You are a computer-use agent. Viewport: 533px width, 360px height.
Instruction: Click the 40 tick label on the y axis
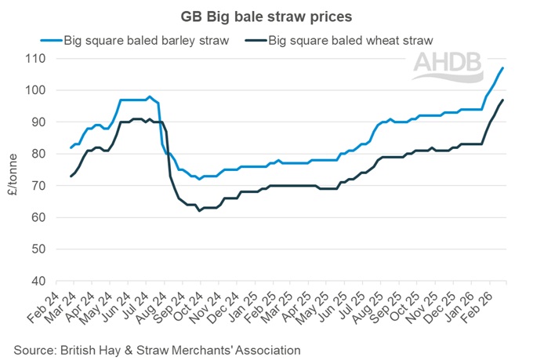click(x=38, y=281)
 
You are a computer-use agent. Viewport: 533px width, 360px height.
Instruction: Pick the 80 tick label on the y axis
click(x=38, y=154)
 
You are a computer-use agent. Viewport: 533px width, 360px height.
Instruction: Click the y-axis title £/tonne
click(x=13, y=169)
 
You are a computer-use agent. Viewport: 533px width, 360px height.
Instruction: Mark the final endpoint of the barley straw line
click(x=502, y=68)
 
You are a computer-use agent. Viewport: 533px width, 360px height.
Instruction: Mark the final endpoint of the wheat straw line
click(x=502, y=100)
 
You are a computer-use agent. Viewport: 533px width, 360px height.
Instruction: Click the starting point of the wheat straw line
click(x=71, y=176)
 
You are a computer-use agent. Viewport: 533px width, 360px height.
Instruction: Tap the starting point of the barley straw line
click(x=71, y=147)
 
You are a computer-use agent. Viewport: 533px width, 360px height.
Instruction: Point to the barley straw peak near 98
click(x=149, y=96)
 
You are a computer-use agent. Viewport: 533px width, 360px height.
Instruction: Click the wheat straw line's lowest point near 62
click(x=199, y=211)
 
